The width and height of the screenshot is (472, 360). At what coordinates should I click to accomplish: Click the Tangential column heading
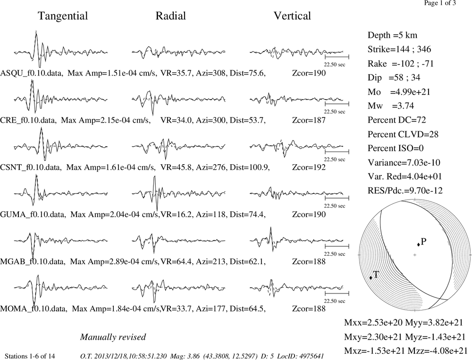(x=63, y=16)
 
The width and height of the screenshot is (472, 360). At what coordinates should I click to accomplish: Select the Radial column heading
(x=171, y=16)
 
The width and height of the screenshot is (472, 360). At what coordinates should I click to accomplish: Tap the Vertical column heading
(x=292, y=16)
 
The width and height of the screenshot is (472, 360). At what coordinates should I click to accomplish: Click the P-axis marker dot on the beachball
(x=418, y=244)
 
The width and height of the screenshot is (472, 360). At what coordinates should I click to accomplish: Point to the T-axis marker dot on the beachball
(x=371, y=277)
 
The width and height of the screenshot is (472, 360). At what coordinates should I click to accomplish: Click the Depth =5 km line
(x=392, y=35)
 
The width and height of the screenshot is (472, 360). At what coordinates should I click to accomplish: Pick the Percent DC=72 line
(x=397, y=120)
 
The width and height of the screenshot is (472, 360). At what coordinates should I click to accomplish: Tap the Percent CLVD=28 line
(x=403, y=134)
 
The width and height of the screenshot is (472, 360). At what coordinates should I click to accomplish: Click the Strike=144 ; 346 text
(x=399, y=50)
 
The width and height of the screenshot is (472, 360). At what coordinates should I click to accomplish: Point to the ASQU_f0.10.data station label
(x=32, y=73)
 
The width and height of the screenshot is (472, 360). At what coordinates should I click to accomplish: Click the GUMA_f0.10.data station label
(x=33, y=215)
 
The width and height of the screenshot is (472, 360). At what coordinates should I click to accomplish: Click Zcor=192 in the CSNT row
(x=309, y=167)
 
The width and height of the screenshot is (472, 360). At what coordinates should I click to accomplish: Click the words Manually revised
(x=113, y=337)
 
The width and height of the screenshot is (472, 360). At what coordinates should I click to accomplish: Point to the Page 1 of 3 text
(x=440, y=3)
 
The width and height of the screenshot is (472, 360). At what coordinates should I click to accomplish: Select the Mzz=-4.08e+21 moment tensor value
(x=438, y=351)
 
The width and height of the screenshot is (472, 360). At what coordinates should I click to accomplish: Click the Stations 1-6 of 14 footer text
(x=30, y=356)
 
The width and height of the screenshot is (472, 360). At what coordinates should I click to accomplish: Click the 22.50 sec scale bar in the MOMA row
(x=337, y=293)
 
